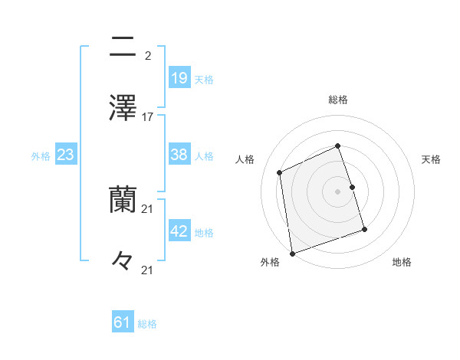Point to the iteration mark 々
click(x=123, y=261)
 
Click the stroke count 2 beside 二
click(x=147, y=55)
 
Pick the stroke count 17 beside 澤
click(x=148, y=117)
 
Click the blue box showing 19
click(x=179, y=77)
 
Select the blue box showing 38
click(x=179, y=155)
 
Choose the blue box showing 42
click(x=179, y=231)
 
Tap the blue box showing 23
click(x=66, y=155)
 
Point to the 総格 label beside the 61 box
click(x=147, y=324)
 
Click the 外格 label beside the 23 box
click(x=41, y=156)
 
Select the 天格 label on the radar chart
click(x=431, y=159)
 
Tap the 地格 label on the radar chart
click(x=402, y=262)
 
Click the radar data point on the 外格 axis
click(x=291, y=253)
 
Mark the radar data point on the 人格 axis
click(x=281, y=172)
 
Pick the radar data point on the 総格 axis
click(x=337, y=146)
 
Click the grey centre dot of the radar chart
click(x=337, y=191)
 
